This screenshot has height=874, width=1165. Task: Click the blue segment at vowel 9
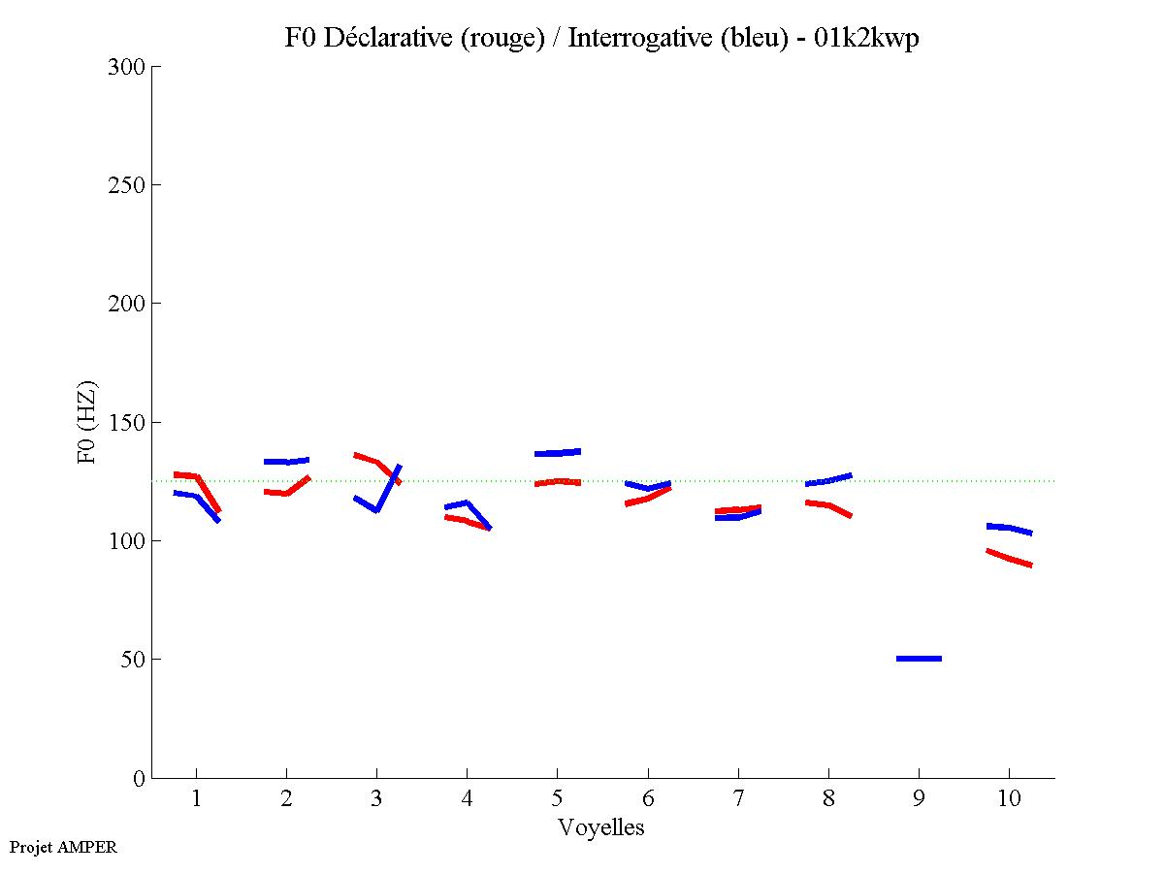(919, 659)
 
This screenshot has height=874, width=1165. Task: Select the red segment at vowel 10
(1009, 559)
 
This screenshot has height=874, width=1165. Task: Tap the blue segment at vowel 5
(557, 453)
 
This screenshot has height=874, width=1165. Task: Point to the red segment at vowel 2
(286, 492)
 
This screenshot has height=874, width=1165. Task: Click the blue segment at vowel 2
(286, 461)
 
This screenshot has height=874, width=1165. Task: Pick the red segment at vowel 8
(828, 505)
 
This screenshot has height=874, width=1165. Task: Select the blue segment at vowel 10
(1009, 529)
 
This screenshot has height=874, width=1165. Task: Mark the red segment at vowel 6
(647, 499)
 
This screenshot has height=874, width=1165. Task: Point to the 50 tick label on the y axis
(131, 660)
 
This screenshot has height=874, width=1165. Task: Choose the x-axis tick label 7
(738, 799)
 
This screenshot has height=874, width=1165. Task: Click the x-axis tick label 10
(1009, 799)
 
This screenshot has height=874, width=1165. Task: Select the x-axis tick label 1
(196, 799)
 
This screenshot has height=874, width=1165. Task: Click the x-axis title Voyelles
(601, 827)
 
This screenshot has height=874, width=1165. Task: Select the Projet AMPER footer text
(63, 847)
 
